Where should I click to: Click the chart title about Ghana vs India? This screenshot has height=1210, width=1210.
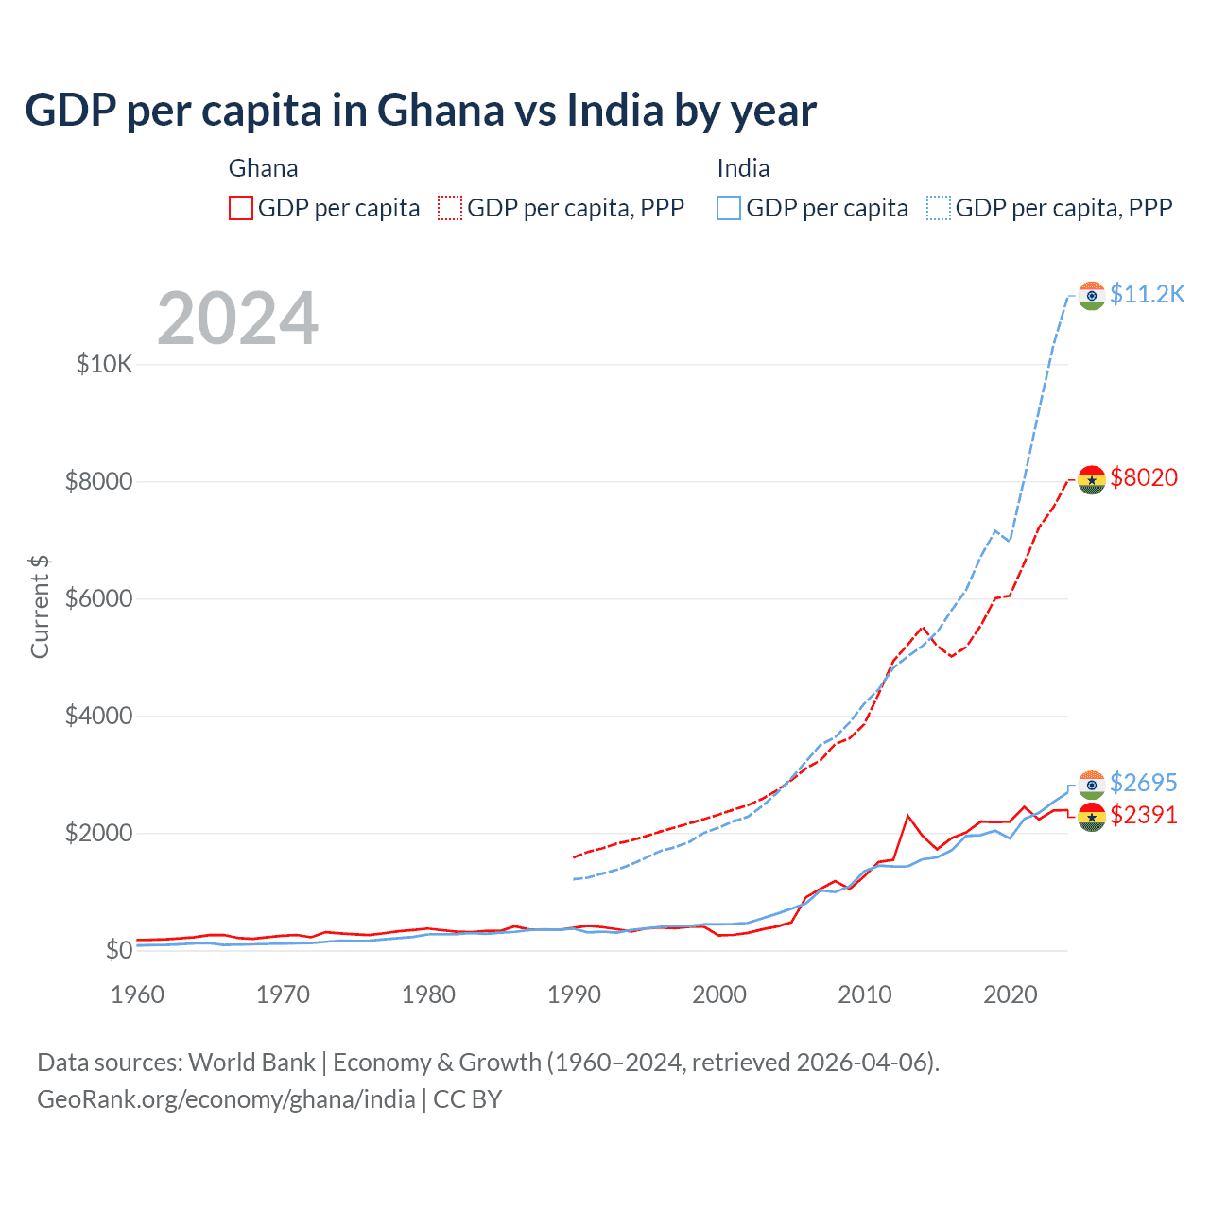(x=421, y=111)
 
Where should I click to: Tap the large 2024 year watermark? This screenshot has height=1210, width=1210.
(x=237, y=319)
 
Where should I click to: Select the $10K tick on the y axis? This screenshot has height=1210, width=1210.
(x=104, y=364)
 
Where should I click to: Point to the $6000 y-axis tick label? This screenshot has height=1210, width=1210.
(x=98, y=598)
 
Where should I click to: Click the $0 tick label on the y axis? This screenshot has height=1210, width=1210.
(x=118, y=950)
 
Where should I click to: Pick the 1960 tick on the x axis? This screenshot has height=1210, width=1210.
(x=137, y=994)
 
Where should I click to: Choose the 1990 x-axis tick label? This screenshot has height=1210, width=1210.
(x=574, y=994)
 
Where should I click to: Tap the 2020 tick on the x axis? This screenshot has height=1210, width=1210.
(x=1011, y=994)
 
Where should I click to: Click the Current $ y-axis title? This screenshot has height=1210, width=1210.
(x=40, y=607)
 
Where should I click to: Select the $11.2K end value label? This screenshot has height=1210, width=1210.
(x=1147, y=295)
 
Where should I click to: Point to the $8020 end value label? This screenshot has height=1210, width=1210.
(x=1144, y=477)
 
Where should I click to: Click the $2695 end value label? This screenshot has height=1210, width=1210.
(x=1143, y=783)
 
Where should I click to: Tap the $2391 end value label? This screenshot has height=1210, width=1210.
(x=1144, y=815)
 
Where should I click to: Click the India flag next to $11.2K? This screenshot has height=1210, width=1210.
(x=1092, y=296)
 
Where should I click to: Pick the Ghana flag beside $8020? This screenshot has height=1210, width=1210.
(x=1092, y=479)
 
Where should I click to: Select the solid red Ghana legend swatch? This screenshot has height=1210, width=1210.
(x=241, y=208)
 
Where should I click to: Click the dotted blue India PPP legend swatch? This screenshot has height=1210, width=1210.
(x=939, y=208)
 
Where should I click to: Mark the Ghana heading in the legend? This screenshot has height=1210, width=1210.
(x=263, y=168)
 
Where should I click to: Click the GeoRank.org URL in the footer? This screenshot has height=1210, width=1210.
(x=226, y=1099)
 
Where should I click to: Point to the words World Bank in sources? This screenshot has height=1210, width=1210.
(x=251, y=1063)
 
